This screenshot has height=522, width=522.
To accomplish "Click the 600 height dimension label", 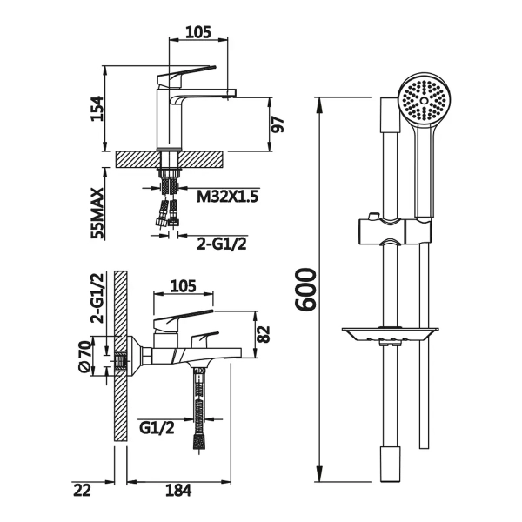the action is (304, 290).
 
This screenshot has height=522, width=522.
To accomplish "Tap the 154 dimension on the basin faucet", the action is (97, 109).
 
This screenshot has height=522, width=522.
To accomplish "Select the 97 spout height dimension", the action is (277, 124).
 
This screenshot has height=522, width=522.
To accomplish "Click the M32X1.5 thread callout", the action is (227, 196).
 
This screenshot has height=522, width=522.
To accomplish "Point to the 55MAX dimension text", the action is (97, 213).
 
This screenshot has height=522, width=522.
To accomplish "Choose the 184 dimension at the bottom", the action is (178, 491).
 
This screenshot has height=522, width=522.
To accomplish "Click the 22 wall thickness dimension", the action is (82, 491).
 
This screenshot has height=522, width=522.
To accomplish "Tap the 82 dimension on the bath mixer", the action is (264, 334).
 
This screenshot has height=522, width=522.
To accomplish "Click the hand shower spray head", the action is (424, 101).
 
